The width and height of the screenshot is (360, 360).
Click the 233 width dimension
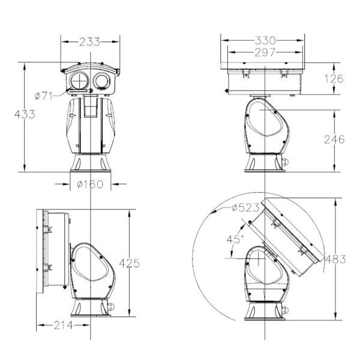[90, 42]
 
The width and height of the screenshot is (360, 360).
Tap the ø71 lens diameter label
[45, 95]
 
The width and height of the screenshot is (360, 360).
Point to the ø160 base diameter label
[90, 184]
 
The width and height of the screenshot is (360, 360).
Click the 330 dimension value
[265, 40]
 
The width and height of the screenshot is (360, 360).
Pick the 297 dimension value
[265, 52]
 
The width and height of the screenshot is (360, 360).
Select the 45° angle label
[235, 239]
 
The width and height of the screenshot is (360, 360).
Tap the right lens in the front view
[101, 80]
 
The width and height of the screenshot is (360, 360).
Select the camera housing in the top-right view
[264, 79]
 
